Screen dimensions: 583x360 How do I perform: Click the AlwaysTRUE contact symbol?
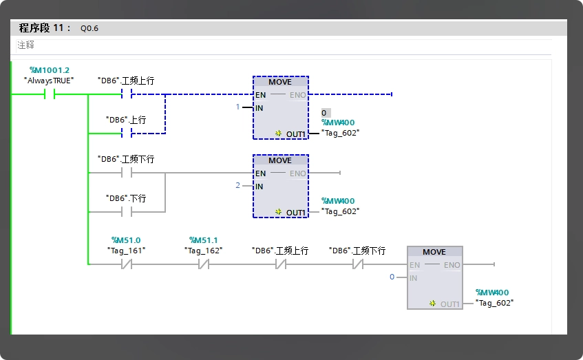coord(50,94)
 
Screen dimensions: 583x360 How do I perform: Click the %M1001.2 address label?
coord(50,70)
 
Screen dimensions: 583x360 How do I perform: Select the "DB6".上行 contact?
coord(127,133)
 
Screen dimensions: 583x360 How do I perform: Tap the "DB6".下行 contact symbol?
coord(127,211)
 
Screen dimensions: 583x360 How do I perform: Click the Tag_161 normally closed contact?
coord(127,264)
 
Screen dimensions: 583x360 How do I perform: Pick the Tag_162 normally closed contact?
coord(204,264)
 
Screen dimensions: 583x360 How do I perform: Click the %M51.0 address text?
coord(126,240)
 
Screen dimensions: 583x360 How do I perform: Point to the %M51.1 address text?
coord(203,240)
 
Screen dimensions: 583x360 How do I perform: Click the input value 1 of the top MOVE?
coord(237,107)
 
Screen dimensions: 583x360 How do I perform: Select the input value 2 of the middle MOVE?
coord(237,185)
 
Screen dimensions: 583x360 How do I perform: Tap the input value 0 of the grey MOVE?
coord(392,277)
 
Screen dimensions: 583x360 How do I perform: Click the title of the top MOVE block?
coord(280,82)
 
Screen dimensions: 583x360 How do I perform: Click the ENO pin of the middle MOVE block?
coord(298,173)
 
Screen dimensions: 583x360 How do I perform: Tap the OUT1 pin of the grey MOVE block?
coord(450,304)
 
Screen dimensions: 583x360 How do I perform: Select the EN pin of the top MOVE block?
coord(260,95)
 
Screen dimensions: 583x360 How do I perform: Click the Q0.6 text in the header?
coord(89,28)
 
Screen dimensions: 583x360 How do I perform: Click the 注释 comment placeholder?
coord(25,45)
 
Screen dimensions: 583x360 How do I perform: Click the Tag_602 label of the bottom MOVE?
coord(494,303)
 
